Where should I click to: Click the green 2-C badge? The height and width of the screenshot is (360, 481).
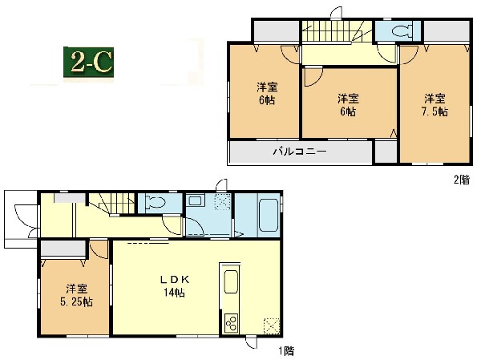click(89, 63)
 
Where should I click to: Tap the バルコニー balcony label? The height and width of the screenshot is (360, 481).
click(300, 152)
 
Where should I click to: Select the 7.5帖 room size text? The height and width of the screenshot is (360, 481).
click(435, 111)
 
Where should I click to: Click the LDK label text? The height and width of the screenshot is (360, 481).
click(175, 280)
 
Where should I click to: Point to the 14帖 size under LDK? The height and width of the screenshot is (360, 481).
click(174, 293)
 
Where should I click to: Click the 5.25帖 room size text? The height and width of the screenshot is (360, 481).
click(76, 302)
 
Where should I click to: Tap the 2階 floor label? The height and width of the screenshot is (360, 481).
click(462, 180)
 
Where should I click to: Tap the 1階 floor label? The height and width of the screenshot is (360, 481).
click(286, 351)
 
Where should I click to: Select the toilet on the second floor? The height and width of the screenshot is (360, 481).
click(402, 30)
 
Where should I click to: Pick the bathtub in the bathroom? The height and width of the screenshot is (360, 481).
click(269, 215)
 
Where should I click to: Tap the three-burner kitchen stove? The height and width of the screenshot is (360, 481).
click(232, 322)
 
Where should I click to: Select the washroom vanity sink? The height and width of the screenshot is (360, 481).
click(195, 201)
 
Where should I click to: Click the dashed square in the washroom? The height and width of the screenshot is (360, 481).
click(223, 202)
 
